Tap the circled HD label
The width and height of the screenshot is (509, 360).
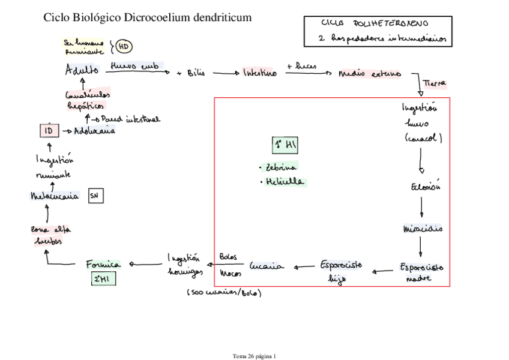123,47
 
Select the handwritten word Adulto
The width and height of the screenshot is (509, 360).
82,70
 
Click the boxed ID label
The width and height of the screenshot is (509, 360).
49,131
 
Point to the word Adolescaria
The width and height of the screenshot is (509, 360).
94,131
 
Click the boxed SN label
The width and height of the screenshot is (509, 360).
95,196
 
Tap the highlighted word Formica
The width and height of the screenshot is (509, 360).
103,263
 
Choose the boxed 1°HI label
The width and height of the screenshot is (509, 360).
286,145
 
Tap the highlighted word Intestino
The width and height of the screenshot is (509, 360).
259,73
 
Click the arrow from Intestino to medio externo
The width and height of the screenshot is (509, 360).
307,74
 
